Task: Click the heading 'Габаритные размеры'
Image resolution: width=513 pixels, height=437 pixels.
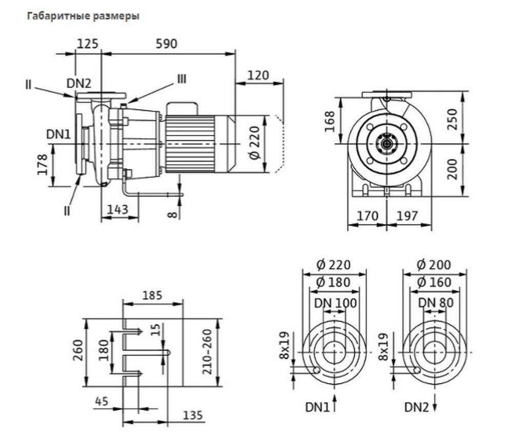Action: (x=83, y=16)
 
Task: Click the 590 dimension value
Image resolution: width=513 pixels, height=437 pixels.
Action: (x=166, y=44)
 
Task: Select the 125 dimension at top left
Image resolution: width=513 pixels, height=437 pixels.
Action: (x=87, y=44)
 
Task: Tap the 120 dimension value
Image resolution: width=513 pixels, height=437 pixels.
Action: (x=258, y=75)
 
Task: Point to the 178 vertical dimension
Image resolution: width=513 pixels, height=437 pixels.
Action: (x=43, y=165)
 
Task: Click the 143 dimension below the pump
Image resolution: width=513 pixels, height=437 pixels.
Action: (x=118, y=209)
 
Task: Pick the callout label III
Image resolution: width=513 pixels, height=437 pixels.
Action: (x=182, y=79)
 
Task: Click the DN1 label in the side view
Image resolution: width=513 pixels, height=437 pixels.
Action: (x=58, y=134)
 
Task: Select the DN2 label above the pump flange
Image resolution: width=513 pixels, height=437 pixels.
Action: (x=79, y=84)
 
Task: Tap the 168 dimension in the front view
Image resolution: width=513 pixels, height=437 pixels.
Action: (x=330, y=122)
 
